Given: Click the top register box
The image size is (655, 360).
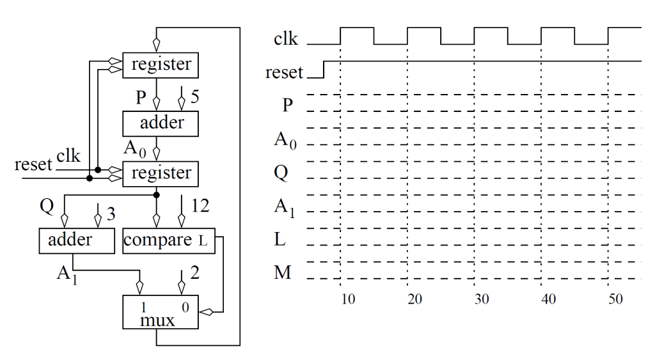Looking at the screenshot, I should (161, 65).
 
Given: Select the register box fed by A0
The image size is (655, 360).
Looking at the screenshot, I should (161, 173).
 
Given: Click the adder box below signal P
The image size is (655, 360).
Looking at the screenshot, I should (161, 121).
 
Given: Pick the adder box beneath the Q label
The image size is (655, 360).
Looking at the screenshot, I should (70, 240).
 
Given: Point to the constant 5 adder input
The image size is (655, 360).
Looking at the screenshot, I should (194, 97).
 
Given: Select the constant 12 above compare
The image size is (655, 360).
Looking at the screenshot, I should (200, 207).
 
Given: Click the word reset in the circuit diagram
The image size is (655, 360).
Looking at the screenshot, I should (33, 165).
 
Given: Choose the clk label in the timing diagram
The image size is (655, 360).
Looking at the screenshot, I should (285, 39).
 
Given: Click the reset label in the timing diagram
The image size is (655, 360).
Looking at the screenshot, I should (284, 73).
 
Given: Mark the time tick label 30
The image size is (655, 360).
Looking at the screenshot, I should (482, 299).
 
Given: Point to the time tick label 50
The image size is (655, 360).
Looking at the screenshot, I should (615, 299).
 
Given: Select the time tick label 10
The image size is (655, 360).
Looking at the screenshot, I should (347, 299).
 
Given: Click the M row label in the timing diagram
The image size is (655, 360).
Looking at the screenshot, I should (282, 273).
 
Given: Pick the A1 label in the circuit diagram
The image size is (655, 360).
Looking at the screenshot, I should (67, 274).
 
